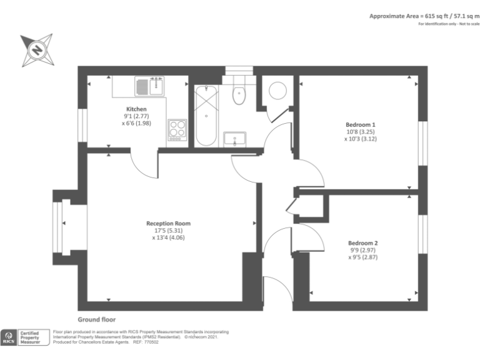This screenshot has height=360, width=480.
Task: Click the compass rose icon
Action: [x=37, y=50]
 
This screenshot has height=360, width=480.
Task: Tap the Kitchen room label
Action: [x=136, y=109]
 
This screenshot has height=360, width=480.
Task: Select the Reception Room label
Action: [x=168, y=223]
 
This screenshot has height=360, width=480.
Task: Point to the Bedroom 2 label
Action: [x=362, y=242]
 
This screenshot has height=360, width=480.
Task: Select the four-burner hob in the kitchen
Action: [x=177, y=130]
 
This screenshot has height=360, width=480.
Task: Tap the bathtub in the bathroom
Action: [x=206, y=116]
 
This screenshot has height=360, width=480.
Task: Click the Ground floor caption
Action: [x=96, y=319]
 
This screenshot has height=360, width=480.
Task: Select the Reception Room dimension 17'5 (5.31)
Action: [x=168, y=230]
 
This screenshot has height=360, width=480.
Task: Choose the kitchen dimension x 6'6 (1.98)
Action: [x=136, y=123]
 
